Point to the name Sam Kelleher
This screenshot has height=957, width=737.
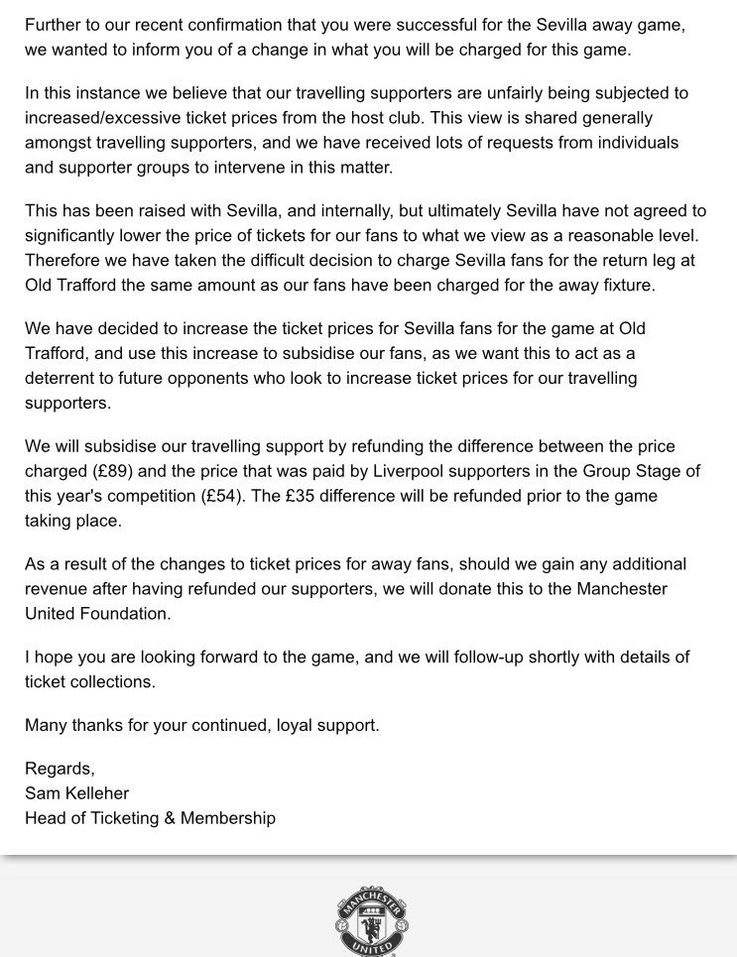pos(76,792)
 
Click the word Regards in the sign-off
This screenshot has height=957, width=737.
pos(59,769)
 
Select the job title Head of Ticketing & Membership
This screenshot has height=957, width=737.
pos(150,817)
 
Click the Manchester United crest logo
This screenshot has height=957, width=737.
pos(371,920)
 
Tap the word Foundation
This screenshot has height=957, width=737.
pos(123,613)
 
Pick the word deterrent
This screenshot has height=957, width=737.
pos(61,378)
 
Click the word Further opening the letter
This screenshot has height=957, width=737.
pos(55,24)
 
